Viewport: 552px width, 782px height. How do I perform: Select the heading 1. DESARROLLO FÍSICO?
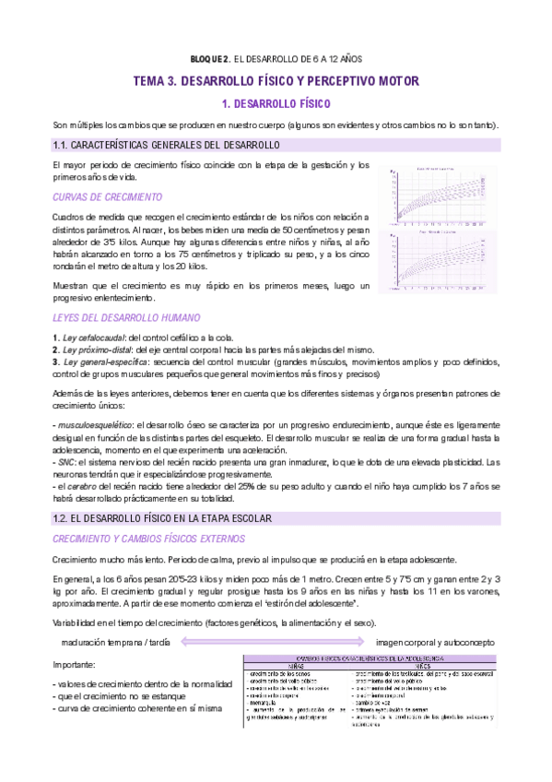click(276, 104)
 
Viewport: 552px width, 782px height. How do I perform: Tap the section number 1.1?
click(64, 146)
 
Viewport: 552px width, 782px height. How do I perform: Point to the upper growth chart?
click(441, 197)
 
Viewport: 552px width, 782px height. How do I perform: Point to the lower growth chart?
click(441, 264)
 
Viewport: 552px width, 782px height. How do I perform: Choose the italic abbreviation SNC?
click(67, 461)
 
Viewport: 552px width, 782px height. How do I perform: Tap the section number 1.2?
click(64, 519)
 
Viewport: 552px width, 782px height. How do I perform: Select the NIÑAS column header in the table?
click(296, 665)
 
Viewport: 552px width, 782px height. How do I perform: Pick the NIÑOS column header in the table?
click(423, 665)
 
